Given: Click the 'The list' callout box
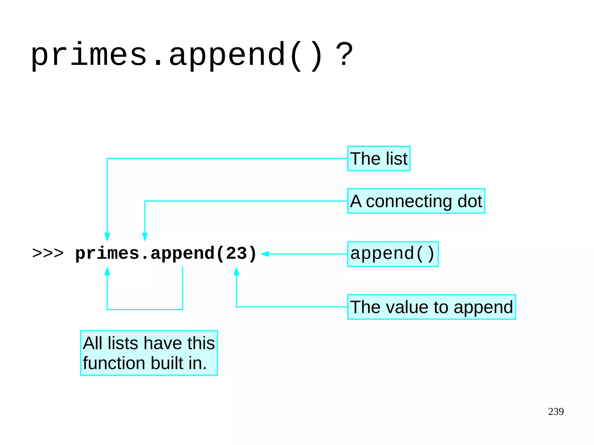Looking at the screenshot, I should pos(379,159).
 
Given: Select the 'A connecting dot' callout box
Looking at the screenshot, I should pos(416,201).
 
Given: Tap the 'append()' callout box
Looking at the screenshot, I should pos(393,254).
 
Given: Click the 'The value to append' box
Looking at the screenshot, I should pos(431,307).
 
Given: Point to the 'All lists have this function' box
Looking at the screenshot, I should pos(149,353).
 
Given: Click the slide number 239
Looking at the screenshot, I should pos(556,411).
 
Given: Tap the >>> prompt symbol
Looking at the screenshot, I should pos(48,253).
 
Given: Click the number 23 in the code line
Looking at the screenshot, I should pos(236,253).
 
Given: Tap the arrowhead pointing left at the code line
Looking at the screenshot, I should pos(265,254).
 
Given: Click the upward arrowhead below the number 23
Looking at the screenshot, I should pos(236,271).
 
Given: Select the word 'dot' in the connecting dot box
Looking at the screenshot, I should pos(470,201).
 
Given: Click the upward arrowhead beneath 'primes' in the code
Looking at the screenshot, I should pos(107,271).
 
